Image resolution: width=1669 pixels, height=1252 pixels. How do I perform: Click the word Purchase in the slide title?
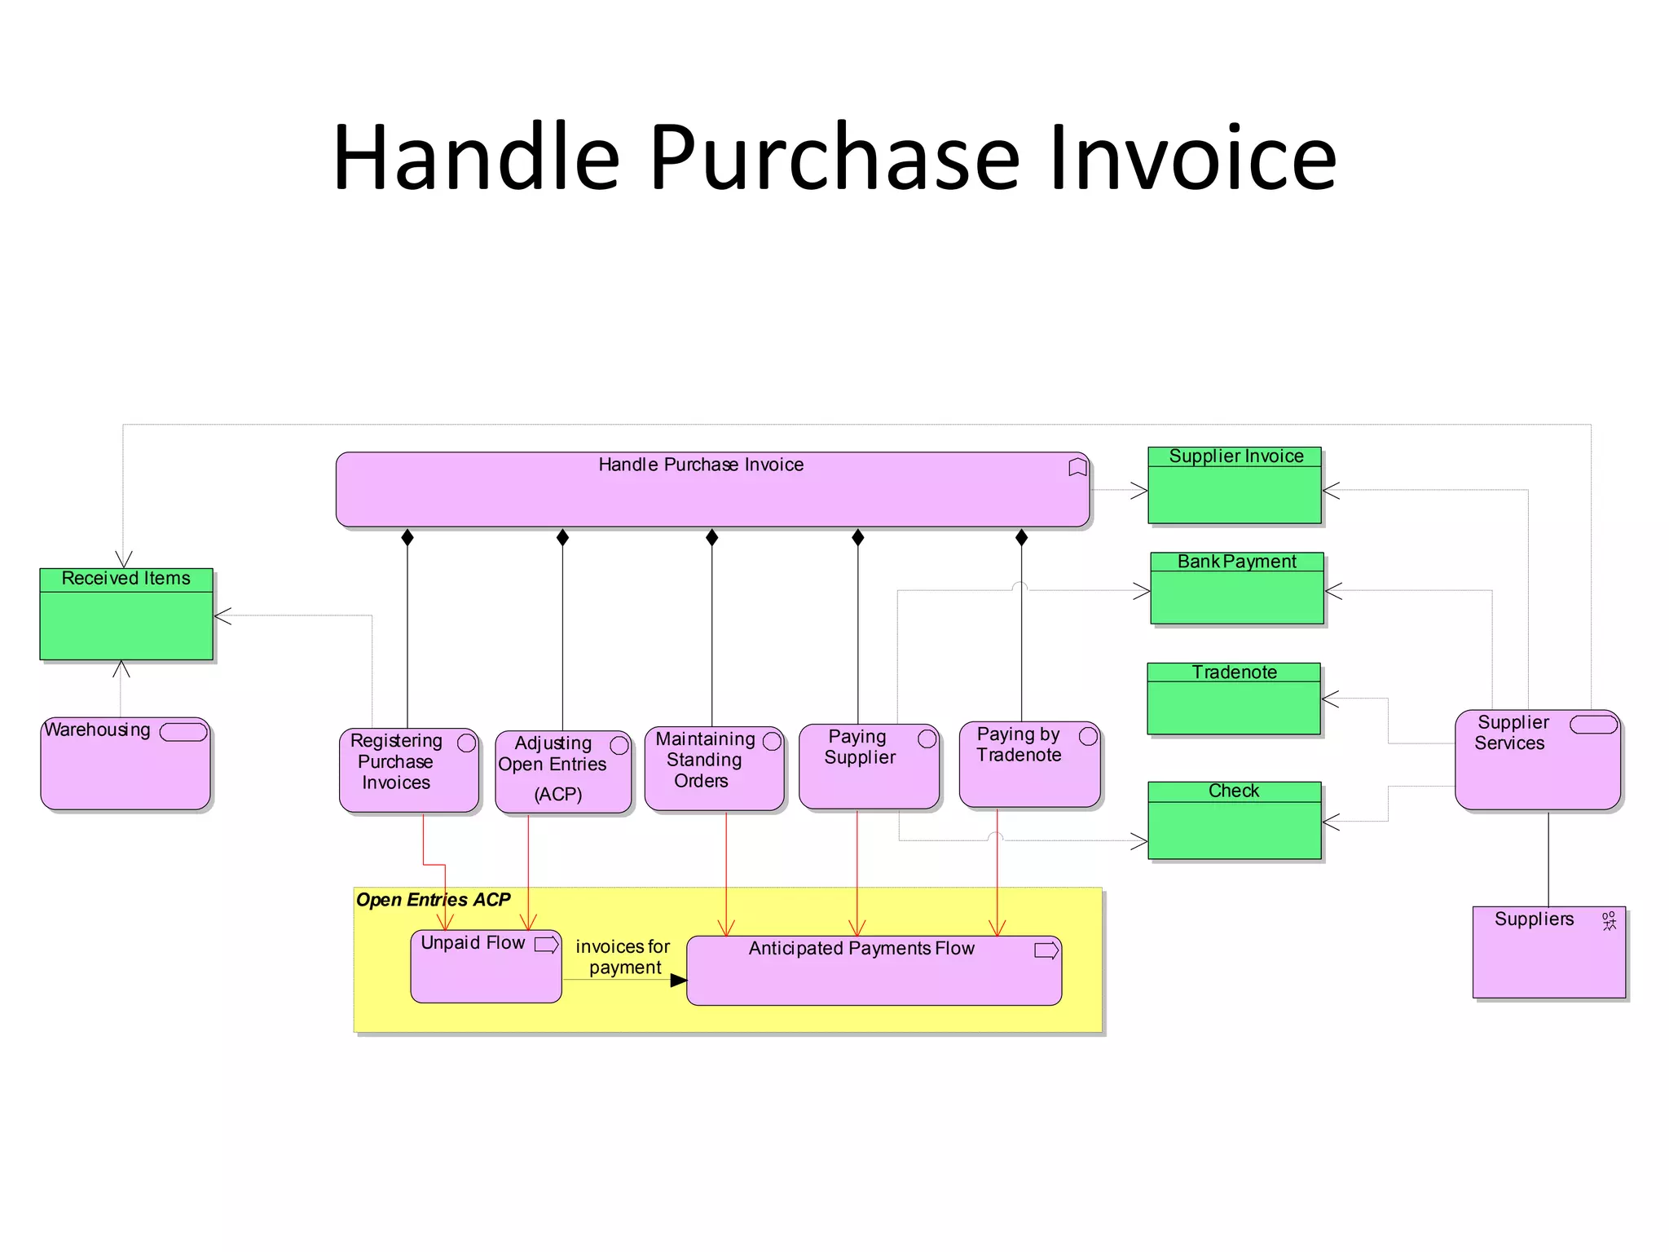coord(834,157)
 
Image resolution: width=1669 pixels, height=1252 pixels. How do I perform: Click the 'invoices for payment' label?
coord(623,957)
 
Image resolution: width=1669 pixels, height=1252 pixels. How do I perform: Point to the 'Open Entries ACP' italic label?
coord(433,900)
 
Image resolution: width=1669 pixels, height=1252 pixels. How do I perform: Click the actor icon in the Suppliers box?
coord(1609,921)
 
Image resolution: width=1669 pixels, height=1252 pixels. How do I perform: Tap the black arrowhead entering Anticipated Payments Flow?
coord(678,981)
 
